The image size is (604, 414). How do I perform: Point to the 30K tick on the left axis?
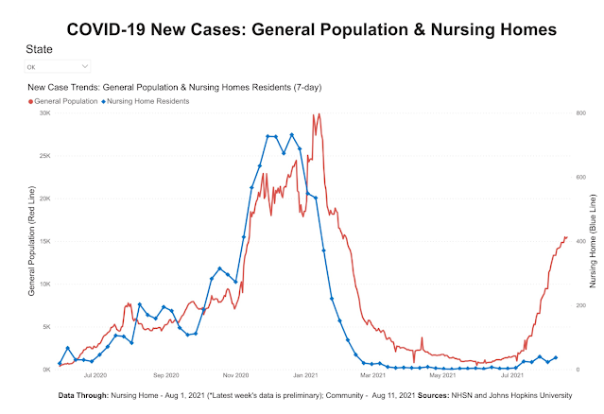[44, 112]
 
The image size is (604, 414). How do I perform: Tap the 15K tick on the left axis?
[44, 241]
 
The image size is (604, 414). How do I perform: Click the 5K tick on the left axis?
[46, 327]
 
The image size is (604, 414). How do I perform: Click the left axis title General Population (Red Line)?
[31, 242]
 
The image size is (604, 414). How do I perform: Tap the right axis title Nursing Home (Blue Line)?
[593, 242]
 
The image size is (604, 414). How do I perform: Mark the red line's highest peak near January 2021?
[319, 114]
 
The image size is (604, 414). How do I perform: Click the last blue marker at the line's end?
[556, 357]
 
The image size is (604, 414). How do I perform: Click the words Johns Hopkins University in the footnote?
[544, 393]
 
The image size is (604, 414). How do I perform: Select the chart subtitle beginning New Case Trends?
[175, 87]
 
